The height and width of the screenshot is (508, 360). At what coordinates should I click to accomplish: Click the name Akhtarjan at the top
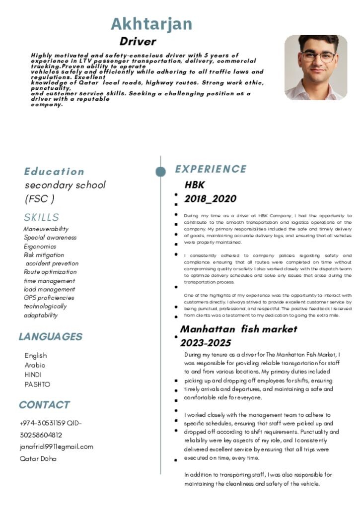[151, 24]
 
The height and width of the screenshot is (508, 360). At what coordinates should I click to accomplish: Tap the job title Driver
[138, 42]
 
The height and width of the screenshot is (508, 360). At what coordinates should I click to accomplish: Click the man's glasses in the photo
[318, 56]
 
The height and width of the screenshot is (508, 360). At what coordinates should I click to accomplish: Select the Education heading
[54, 172]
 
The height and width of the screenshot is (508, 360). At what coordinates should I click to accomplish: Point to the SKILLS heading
[41, 217]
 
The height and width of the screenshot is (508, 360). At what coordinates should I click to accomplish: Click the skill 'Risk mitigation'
[44, 255]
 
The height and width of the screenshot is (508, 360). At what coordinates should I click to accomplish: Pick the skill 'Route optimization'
[50, 272]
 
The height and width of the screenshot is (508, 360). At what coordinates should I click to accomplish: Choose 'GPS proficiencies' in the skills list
[49, 298]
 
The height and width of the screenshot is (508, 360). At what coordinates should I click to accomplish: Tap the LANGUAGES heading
[50, 337]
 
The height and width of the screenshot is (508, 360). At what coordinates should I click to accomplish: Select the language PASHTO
[37, 384]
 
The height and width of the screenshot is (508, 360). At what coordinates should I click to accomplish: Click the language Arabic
[35, 365]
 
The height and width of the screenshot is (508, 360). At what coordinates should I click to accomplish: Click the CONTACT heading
[44, 405]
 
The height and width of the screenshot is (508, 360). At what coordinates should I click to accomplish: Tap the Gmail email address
[56, 446]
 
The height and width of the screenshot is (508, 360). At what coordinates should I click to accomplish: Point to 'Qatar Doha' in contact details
[38, 458]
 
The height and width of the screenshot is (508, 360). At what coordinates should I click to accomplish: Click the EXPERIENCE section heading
[211, 169]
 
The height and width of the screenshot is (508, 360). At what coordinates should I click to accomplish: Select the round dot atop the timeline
[160, 172]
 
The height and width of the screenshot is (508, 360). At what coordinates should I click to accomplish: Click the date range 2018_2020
[210, 199]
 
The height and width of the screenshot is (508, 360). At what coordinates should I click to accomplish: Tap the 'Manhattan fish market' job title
[238, 329]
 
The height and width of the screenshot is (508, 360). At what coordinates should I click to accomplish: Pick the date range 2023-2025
[205, 343]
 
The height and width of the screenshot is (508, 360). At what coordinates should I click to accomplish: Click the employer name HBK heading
[194, 185]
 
